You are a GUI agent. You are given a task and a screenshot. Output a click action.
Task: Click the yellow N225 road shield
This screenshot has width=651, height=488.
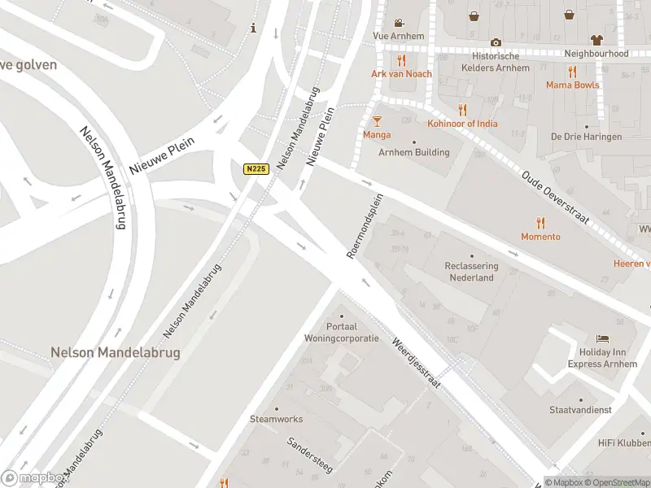tap(256, 169)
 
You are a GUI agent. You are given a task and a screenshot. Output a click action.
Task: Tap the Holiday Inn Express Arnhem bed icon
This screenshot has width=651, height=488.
tap(602, 338)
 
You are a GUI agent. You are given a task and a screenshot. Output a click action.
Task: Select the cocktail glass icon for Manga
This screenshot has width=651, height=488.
tap(377, 121)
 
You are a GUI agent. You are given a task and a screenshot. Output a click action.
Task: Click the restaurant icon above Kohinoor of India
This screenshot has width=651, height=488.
tap(463, 110)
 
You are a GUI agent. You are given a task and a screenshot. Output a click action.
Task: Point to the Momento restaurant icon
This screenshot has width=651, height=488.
tap(540, 223)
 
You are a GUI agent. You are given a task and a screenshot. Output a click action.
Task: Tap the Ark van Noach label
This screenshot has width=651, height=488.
tap(401, 74)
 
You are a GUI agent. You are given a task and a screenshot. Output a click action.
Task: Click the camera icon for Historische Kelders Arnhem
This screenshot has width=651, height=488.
tap(496, 42)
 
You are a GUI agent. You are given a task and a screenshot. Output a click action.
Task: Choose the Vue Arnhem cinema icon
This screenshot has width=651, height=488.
tap(399, 23)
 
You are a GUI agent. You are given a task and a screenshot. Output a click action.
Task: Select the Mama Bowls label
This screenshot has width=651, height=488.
tap(572, 85)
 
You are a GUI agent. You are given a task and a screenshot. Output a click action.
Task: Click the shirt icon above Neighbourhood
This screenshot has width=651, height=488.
tap(596, 39)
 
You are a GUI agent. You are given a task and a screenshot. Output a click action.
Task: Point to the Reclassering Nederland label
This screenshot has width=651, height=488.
tap(472, 272)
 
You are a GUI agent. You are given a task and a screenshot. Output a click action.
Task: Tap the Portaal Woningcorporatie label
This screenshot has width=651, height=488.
tap(341, 332)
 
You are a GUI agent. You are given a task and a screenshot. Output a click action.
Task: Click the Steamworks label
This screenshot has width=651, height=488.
tap(276, 419)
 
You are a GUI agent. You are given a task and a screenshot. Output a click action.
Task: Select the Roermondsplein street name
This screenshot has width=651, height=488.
tap(364, 227)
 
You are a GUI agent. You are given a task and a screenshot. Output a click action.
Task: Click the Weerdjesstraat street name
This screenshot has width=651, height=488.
tap(416, 363)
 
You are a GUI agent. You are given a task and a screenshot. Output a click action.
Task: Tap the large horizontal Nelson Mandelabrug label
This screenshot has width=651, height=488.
tap(115, 353)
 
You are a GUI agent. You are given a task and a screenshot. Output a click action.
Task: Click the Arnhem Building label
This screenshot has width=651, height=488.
tap(413, 152)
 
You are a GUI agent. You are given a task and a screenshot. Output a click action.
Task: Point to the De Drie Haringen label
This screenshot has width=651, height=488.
tap(586, 137)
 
